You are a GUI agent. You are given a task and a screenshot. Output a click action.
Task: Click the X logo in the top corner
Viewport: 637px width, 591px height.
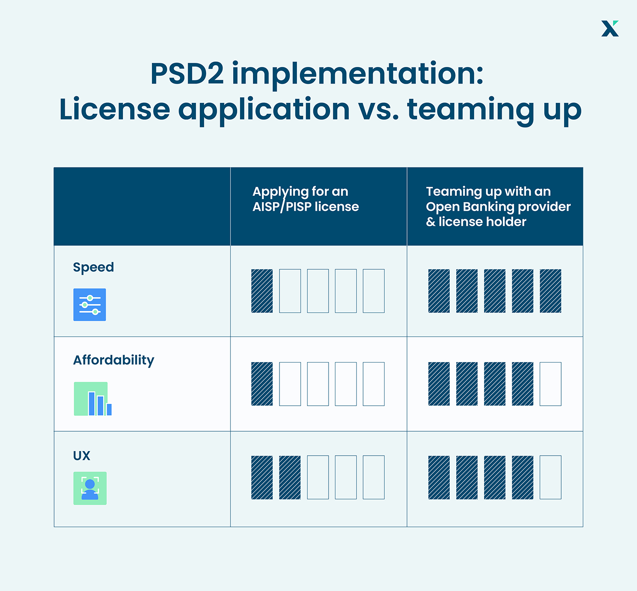point(610,28)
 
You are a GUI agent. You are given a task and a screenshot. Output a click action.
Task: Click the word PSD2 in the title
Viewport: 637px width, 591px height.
point(187,74)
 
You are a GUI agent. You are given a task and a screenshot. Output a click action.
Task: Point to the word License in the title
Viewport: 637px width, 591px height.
point(115,109)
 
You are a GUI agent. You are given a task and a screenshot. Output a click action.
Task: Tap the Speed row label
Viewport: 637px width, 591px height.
point(93,268)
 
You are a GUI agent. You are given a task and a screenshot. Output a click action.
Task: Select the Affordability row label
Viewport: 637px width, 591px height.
point(113,360)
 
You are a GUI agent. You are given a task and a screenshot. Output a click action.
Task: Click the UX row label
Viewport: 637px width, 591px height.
point(82,456)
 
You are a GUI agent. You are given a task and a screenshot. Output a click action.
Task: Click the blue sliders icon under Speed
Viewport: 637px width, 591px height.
point(89,305)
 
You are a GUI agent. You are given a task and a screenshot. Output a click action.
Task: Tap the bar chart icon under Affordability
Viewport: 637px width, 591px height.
point(93,399)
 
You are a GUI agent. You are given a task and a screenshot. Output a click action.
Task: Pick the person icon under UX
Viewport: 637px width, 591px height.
point(90,488)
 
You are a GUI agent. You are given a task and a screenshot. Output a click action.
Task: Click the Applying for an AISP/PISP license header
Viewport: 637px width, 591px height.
point(305,199)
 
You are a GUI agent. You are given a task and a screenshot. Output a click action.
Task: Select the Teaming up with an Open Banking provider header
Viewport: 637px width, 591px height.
point(498,206)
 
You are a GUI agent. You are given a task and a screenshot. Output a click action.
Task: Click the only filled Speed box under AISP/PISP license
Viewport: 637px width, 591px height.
point(262,291)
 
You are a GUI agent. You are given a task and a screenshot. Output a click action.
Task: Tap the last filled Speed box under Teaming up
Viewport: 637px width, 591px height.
point(550,291)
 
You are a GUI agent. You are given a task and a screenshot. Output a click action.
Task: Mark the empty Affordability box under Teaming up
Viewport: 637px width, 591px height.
point(550,384)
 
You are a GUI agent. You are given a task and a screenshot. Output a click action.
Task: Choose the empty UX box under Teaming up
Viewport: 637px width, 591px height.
point(550,477)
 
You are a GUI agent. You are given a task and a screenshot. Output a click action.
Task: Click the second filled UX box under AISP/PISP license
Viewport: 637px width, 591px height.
point(290,477)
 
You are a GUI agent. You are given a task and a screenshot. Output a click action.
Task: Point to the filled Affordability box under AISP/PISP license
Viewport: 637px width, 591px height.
point(262,384)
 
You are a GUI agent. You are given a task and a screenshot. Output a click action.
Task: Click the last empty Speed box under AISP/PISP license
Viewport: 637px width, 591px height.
point(374,291)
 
